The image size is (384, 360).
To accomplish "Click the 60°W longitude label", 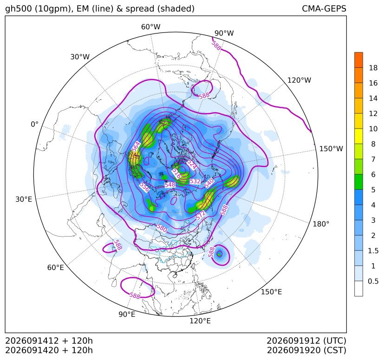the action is [x=150, y=27].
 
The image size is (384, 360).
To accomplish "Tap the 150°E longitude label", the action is [x=271, y=292].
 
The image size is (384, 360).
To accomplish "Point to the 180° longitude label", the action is [x=321, y=224].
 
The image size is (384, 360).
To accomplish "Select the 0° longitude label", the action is [x=34, y=124].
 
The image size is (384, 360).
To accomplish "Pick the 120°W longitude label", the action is [x=299, y=80].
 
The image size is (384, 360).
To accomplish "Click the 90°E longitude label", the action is [x=127, y=314].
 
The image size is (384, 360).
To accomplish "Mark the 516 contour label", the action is [x=176, y=173].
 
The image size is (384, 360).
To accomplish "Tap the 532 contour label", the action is [x=195, y=181].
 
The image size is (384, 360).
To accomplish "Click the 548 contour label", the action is [x=170, y=185].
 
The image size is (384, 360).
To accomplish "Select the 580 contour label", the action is [x=162, y=229].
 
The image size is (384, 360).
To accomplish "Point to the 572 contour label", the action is [x=201, y=215].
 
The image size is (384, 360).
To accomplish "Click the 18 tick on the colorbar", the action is [x=373, y=68].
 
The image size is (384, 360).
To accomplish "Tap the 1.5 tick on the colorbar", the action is [x=373, y=251].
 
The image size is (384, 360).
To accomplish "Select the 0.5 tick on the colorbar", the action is [x=373, y=281].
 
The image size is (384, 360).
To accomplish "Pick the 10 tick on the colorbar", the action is [x=373, y=129].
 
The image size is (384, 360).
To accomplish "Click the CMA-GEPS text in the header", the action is [x=324, y=8].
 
